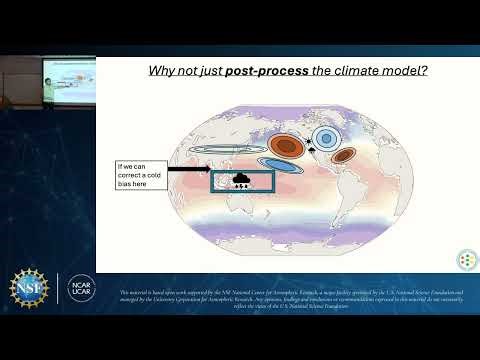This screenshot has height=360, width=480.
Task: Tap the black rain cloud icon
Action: click(242, 181)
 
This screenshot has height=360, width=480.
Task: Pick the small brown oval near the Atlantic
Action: click(344, 155)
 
